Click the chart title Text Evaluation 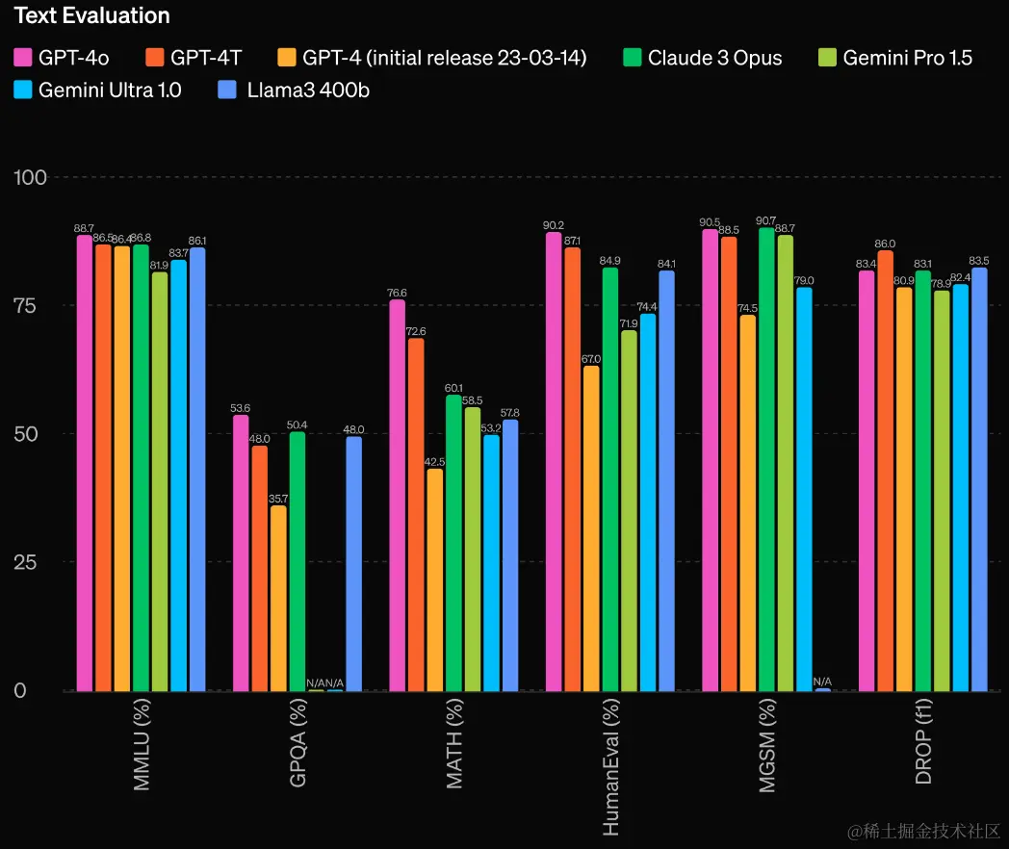92,15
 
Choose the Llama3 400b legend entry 294,90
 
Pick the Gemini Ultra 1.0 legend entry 97,90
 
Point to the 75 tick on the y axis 27,305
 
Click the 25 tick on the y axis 27,562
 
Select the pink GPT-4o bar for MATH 398,495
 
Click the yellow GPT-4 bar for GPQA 278,598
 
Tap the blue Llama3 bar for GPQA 353,563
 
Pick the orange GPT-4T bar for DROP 885,471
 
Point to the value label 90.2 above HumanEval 554,226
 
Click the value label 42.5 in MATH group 434,462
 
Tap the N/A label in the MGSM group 823,682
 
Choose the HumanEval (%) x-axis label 611,766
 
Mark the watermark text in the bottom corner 922,830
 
